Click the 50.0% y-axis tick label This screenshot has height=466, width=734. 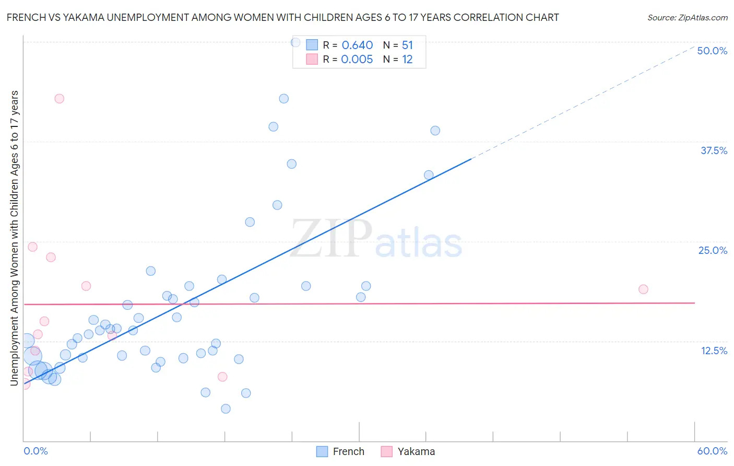tap(712, 51)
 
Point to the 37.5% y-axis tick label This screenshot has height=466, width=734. tap(714, 150)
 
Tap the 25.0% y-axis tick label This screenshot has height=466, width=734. tap(713, 250)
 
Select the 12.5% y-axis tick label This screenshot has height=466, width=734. tap(714, 351)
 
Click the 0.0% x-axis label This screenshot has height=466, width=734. tap(35, 451)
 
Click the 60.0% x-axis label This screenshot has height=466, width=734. tap(712, 451)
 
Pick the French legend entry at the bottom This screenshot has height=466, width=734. tap(341, 451)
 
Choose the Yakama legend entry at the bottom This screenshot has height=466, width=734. tap(408, 451)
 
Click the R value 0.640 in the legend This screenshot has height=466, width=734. tap(357, 45)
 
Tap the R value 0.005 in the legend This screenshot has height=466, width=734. tap(357, 60)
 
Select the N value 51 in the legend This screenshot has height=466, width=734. tap(407, 45)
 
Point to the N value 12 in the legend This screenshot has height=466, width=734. tap(407, 60)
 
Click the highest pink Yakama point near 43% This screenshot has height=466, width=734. tap(60, 99)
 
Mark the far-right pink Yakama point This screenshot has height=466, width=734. tap(643, 289)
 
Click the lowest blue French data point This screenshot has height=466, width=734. tap(226, 409)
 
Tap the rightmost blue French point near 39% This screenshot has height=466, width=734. tap(435, 131)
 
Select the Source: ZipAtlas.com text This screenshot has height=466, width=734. tap(687, 17)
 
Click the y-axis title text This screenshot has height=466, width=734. tap(14, 238)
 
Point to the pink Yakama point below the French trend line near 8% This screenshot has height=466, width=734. tap(222, 377)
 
